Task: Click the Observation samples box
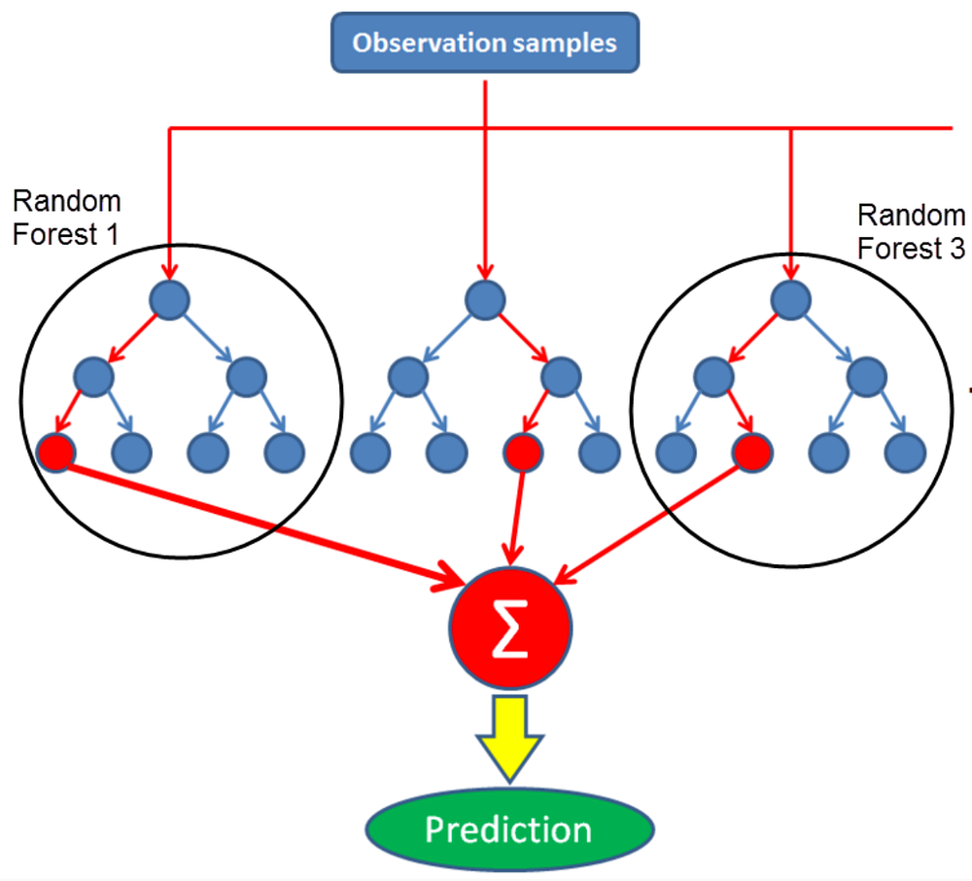[x=485, y=43]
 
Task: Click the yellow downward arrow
[x=508, y=736]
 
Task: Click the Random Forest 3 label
[x=911, y=231]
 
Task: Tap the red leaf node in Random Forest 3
[x=751, y=452]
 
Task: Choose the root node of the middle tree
[x=484, y=299]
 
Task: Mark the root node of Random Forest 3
[x=790, y=299]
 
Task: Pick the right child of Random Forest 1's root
[x=245, y=376]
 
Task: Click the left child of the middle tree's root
[x=407, y=376]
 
